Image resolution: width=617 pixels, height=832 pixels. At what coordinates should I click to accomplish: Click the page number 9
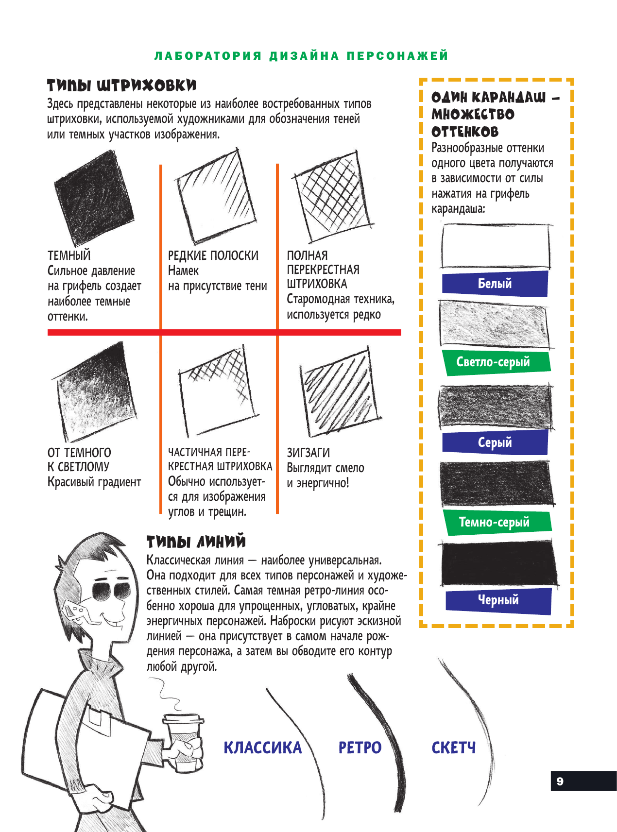pyautogui.click(x=560, y=781)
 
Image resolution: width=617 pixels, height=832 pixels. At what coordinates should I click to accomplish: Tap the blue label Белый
pyautogui.click(x=495, y=284)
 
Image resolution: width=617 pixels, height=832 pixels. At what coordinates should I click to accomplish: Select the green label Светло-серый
pyautogui.click(x=494, y=362)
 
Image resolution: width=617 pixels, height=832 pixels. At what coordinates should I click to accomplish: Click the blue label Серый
pyautogui.click(x=495, y=442)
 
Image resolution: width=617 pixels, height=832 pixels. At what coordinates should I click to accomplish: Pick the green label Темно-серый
pyautogui.click(x=495, y=523)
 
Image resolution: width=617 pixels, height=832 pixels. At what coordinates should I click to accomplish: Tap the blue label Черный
pyautogui.click(x=498, y=600)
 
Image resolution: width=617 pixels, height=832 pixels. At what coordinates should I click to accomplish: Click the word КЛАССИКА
pyautogui.click(x=262, y=748)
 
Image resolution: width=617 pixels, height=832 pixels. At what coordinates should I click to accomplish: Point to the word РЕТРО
pyautogui.click(x=360, y=748)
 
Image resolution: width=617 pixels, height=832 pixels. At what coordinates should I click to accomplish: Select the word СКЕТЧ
pyautogui.click(x=454, y=748)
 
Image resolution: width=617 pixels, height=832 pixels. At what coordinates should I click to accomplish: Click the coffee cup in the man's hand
pyautogui.click(x=184, y=741)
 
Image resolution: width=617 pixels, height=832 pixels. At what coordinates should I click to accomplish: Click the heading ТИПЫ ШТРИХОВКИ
pyautogui.click(x=121, y=86)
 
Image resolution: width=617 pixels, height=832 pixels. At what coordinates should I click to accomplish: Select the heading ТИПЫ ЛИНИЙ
pyautogui.click(x=196, y=542)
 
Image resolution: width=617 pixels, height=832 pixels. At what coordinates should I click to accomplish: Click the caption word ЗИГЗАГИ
pyautogui.click(x=308, y=453)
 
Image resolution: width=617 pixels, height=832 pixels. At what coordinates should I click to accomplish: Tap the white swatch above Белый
pyautogui.click(x=496, y=246)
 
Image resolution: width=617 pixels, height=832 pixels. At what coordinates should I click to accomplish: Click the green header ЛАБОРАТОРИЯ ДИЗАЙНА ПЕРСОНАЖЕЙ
pyautogui.click(x=301, y=56)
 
